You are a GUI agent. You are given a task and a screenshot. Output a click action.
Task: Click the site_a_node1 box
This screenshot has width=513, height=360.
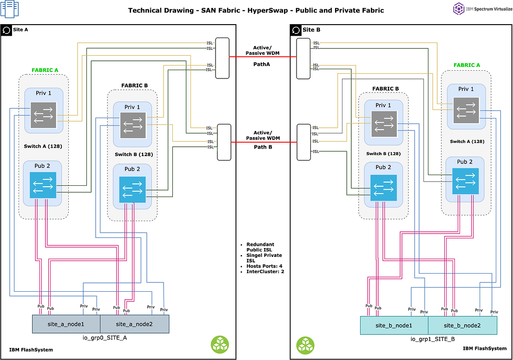(66, 324)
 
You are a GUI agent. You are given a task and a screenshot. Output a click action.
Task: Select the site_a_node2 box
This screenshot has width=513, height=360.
(135, 324)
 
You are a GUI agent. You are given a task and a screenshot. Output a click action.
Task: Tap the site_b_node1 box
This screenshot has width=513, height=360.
(394, 325)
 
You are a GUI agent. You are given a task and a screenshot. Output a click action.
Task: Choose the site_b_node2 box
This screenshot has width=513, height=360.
(462, 325)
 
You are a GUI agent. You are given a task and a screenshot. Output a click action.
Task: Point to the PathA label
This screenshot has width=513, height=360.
(262, 64)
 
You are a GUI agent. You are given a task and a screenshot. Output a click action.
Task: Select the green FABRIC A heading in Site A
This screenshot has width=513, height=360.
(45, 70)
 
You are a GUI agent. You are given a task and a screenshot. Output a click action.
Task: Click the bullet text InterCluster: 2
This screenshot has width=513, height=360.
(265, 271)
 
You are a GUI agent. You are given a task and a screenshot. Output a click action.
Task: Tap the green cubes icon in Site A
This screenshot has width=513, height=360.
(220, 344)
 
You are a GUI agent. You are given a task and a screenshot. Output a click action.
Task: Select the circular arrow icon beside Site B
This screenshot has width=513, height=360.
(296, 30)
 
